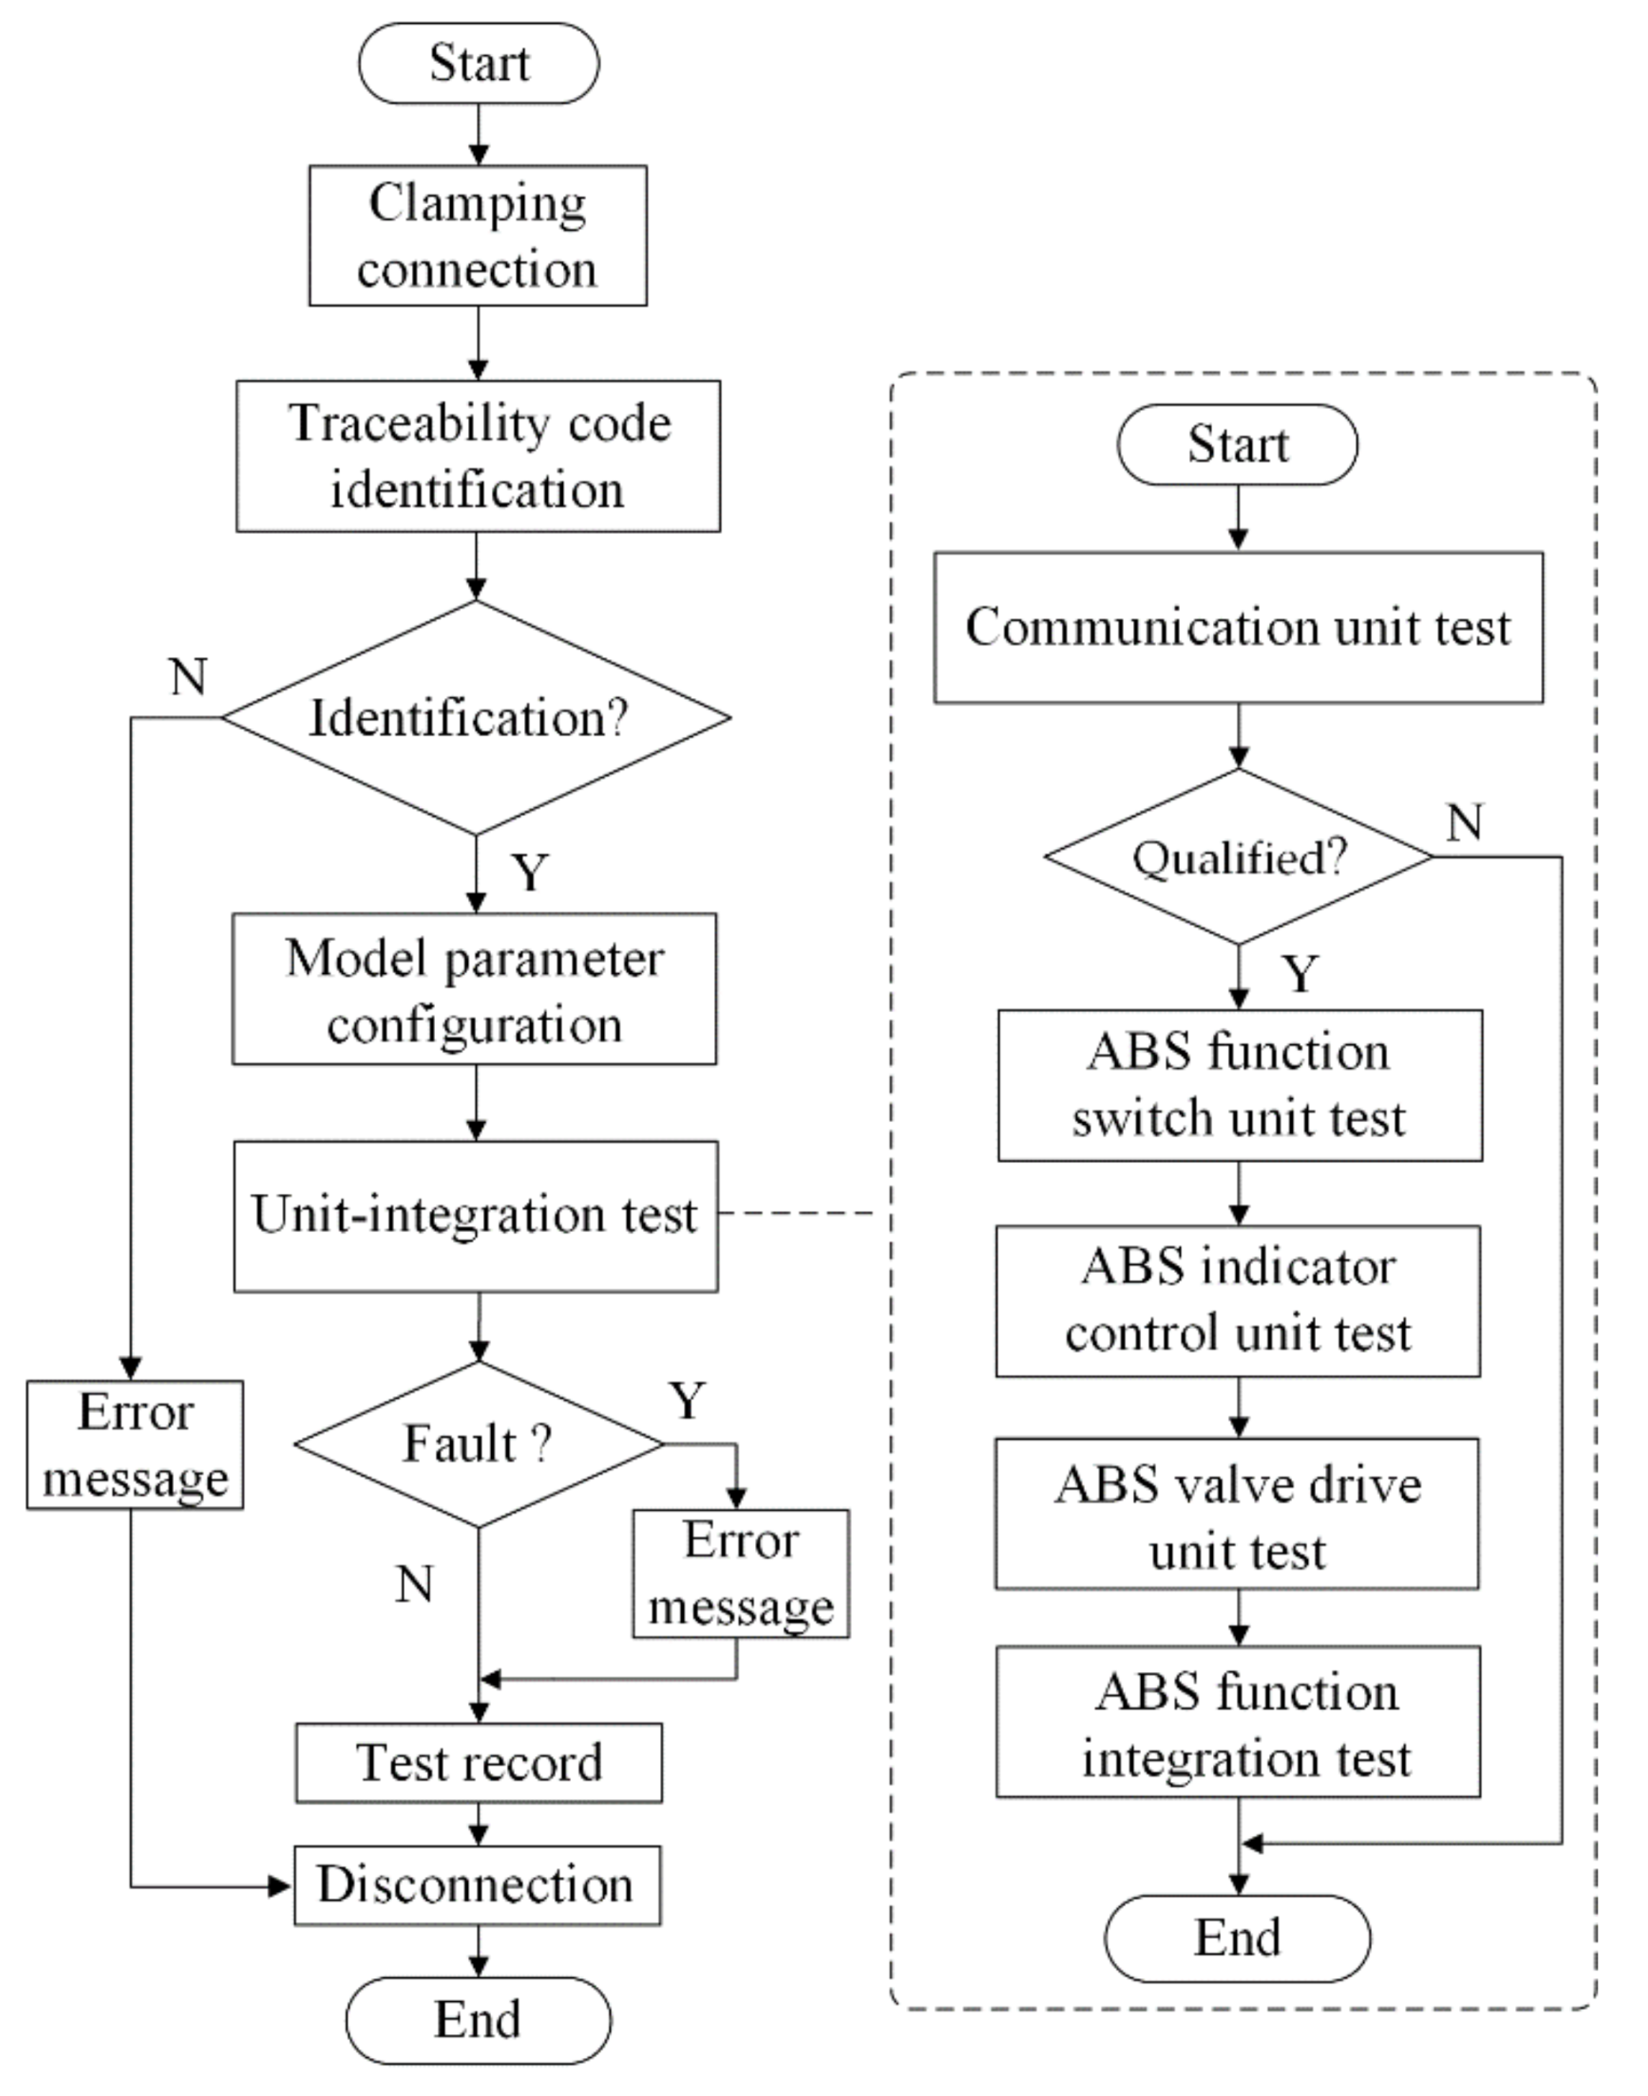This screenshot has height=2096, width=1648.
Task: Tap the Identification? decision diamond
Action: [476, 717]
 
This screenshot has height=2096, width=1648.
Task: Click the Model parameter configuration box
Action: [474, 990]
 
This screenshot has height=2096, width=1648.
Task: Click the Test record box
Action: [479, 1762]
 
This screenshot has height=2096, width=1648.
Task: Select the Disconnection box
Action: [477, 1885]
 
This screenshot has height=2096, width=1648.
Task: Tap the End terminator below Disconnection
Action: [477, 2020]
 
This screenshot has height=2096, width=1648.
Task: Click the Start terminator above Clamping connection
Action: [479, 64]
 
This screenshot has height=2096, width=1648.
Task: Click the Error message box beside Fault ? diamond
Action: [740, 1573]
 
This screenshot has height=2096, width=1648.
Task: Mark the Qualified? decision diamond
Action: [1239, 857]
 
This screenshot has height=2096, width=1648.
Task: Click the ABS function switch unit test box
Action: [1240, 1085]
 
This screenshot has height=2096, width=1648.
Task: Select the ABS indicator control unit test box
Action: [1238, 1300]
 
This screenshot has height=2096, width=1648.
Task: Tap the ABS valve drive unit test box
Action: [1237, 1513]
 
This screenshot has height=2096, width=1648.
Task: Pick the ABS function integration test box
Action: [1238, 1724]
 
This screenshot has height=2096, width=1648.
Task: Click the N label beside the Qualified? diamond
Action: [1465, 823]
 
